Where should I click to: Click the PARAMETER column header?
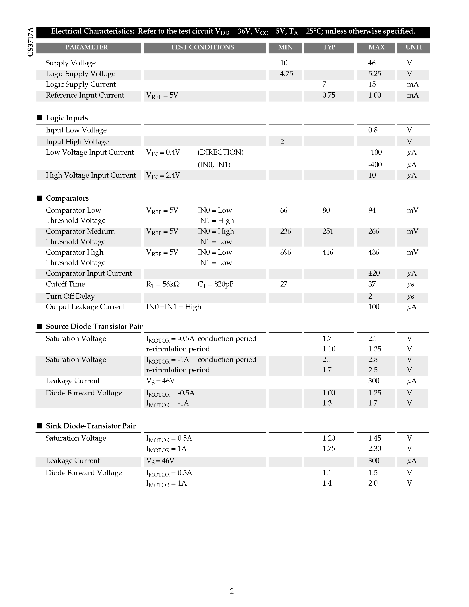click(87, 47)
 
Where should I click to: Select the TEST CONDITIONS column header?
click(202, 47)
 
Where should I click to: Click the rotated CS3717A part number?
click(30, 42)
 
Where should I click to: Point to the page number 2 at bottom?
click(232, 591)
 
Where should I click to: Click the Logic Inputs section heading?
click(67, 118)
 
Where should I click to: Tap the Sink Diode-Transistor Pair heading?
click(90, 426)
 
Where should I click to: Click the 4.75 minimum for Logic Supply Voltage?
click(286, 74)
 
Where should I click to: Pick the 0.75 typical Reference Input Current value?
click(329, 95)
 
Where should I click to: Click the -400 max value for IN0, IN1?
click(375, 164)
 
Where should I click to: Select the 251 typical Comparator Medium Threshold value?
click(328, 231)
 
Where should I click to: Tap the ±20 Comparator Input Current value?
click(374, 273)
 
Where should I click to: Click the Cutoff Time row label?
click(65, 284)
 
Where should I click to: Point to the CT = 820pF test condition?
click(215, 284)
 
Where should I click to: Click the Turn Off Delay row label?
click(70, 296)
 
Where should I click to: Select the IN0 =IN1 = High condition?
click(174, 307)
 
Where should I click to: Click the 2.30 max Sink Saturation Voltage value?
click(375, 448)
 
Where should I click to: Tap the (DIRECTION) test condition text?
click(220, 152)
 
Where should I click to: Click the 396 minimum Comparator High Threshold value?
click(286, 252)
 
